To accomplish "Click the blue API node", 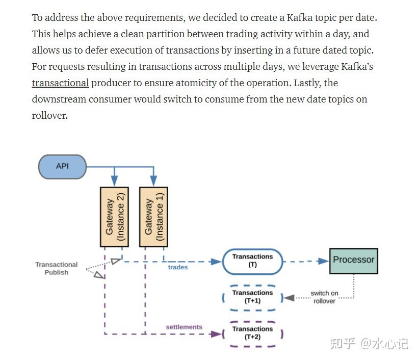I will [62, 166].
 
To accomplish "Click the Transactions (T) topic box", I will [252, 261].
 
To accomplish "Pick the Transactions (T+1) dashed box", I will [252, 297].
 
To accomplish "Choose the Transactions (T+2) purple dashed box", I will [252, 333].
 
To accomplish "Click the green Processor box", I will [353, 260].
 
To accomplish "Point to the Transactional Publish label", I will [56, 268].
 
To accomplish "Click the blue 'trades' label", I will [178, 267].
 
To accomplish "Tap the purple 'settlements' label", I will [184, 327].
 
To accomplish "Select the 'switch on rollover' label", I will [324, 297].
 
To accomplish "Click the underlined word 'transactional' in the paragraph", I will [60, 83].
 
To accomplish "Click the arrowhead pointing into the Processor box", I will [323, 261].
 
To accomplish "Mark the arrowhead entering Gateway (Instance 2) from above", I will [115, 181].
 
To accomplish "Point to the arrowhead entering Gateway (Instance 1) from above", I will [153, 181].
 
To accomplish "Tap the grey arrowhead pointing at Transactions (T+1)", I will [289, 297].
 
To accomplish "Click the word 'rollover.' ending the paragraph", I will [49, 116].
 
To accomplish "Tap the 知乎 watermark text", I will [342, 344].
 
